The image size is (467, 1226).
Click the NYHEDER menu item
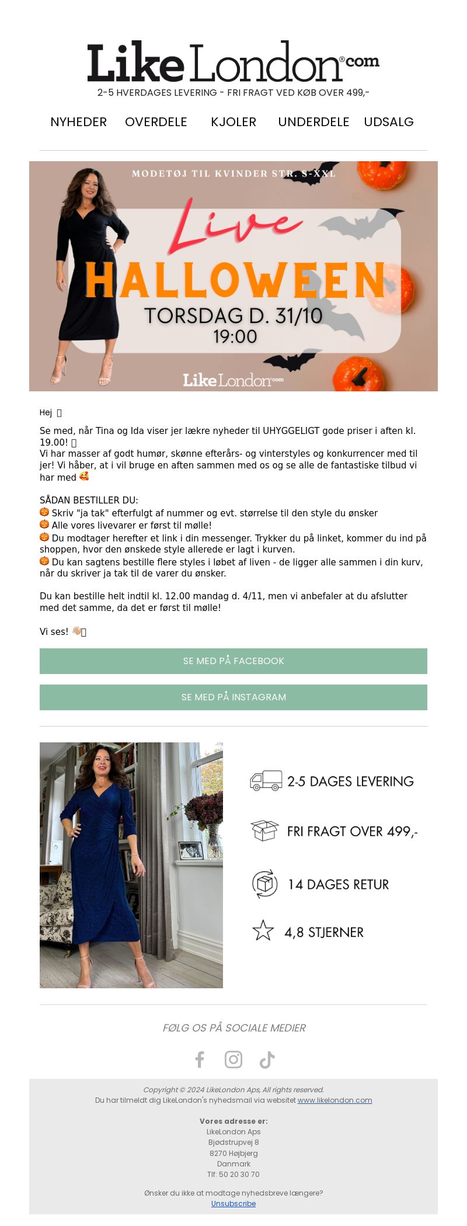(78, 122)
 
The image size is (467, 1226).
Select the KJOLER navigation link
(233, 122)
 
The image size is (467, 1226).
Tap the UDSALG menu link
(389, 122)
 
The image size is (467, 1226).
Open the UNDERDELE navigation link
(313, 122)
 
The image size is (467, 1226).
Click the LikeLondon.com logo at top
(233, 62)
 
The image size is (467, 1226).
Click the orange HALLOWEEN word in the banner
(235, 281)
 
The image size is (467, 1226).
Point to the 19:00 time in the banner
(235, 336)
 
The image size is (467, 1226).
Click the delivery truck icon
(266, 781)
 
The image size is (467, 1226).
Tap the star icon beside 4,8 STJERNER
(263, 931)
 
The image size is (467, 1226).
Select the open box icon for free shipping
(264, 831)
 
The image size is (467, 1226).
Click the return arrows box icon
(264, 884)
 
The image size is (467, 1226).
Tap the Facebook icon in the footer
(200, 1059)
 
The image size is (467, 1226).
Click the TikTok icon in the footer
(267, 1059)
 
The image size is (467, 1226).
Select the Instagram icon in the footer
(233, 1059)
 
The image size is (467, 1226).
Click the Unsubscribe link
(233, 1203)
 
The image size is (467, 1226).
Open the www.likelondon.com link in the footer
(334, 1100)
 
